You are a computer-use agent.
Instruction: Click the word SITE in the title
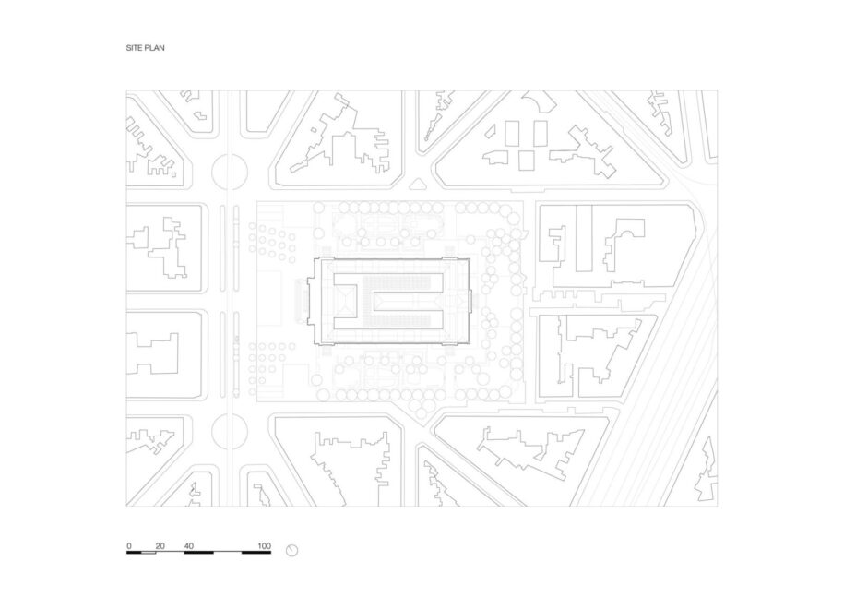pos(134,48)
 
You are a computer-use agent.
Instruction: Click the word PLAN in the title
pos(154,48)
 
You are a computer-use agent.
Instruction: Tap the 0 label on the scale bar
pos(129,546)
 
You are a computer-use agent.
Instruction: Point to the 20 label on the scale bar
pos(160,546)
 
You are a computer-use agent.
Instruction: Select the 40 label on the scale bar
pos(189,546)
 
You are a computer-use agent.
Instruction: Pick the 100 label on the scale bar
pos(264,546)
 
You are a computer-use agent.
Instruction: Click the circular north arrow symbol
pos(291,550)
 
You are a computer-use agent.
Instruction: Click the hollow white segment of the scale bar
pos(149,553)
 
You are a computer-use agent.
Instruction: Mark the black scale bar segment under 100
pos(256,553)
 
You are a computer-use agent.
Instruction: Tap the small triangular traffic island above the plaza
pos(417,185)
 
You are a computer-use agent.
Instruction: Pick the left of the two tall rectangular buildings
pos(512,134)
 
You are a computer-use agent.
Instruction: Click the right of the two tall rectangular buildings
pos(541,134)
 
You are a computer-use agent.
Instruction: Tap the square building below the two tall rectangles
pos(526,161)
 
